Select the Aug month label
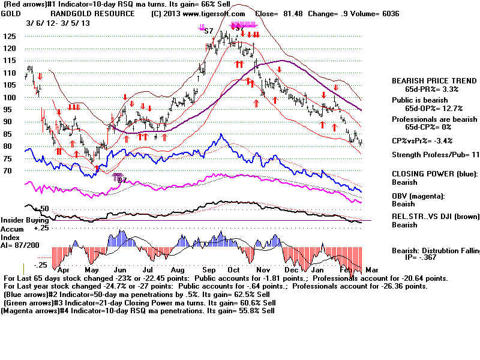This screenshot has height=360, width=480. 178,271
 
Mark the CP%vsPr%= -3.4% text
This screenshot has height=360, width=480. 426,141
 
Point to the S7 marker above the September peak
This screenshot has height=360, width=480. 209,30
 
